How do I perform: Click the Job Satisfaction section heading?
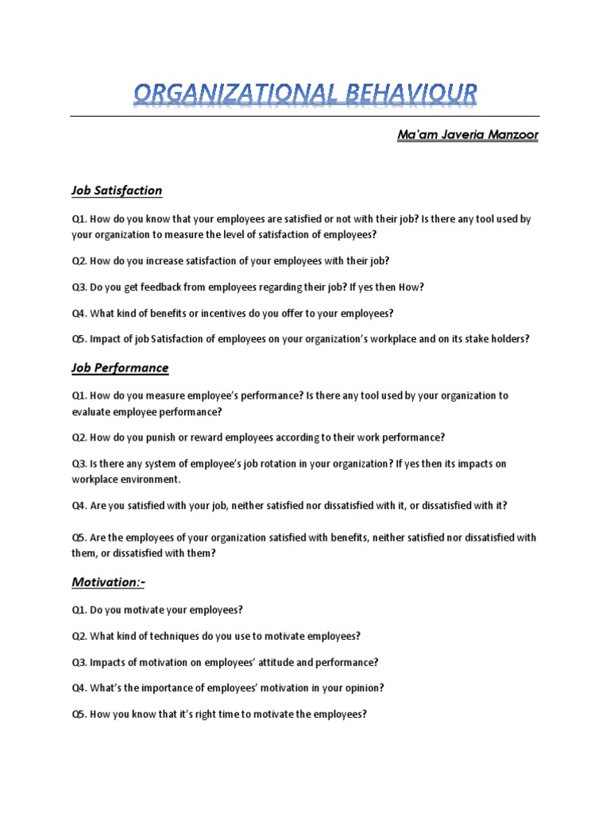[117, 191]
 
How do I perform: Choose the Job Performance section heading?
[120, 368]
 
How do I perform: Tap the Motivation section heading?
[108, 583]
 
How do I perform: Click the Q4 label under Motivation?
[78, 688]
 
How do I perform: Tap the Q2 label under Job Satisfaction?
[78, 260]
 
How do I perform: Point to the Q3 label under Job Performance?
[78, 464]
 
